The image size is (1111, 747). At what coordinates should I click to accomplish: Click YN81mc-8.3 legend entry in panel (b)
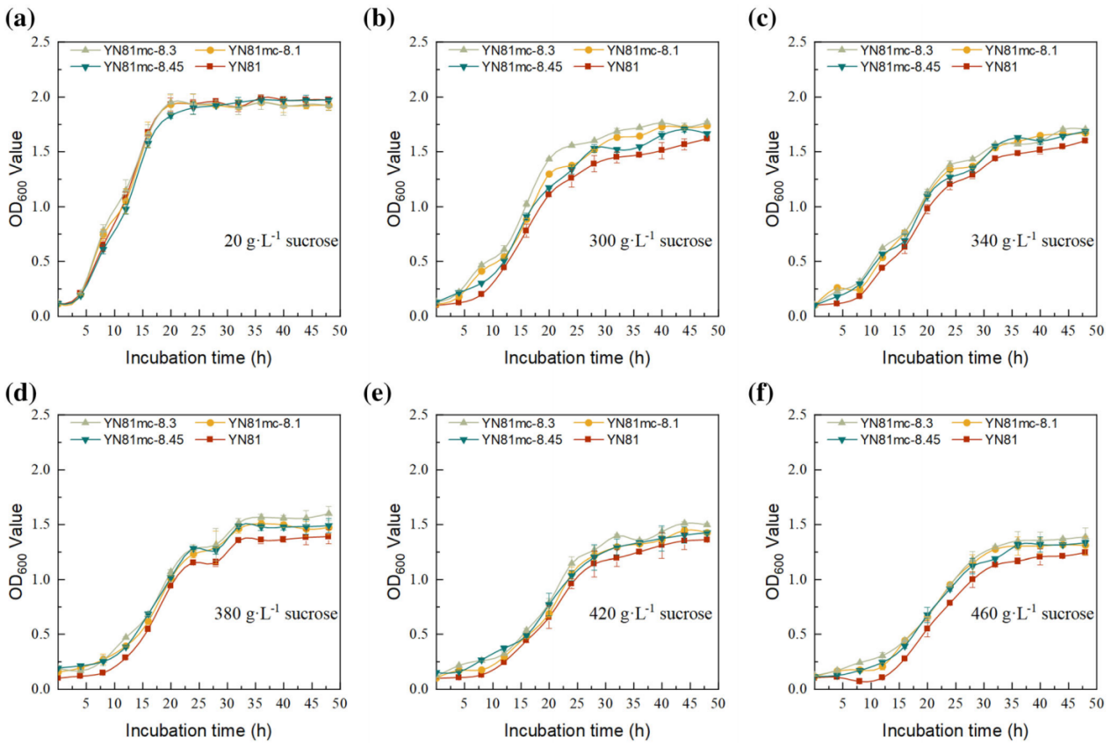tap(518, 50)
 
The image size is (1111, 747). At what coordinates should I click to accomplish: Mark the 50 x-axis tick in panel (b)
tap(717, 330)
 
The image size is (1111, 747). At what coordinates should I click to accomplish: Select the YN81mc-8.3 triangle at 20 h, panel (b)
tap(549, 159)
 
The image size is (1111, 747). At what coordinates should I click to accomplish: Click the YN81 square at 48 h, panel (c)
tap(1085, 141)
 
